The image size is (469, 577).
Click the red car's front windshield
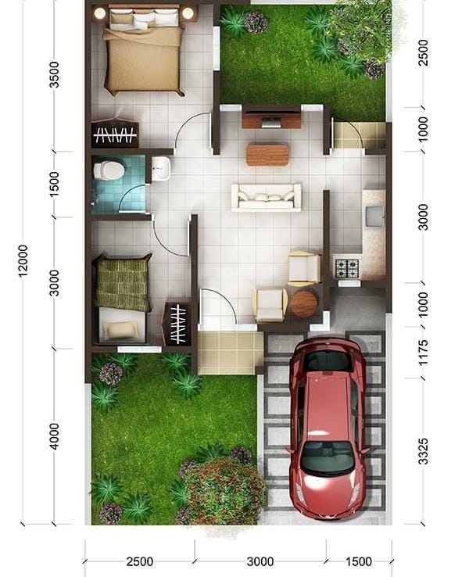point(328,457)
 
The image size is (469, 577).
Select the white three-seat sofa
point(267,198)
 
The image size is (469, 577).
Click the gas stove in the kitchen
point(346,268)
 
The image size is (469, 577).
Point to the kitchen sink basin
point(374,217)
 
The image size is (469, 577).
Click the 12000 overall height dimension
point(23,261)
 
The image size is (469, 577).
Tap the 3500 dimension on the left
point(54,75)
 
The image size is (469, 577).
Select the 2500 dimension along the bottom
point(140,561)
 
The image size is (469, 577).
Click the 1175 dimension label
point(424,353)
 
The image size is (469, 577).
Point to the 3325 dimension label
point(424,451)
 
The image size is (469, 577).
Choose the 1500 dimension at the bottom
point(359,561)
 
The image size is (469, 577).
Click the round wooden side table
point(304,303)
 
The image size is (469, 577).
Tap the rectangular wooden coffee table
point(267,155)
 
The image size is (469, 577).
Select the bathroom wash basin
point(161,169)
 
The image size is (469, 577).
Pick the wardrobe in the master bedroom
point(115,133)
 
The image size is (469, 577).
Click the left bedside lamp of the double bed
point(100,13)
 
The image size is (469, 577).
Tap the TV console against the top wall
point(271,116)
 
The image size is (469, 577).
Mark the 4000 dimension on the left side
point(54,436)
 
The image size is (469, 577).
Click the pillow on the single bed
point(120,330)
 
